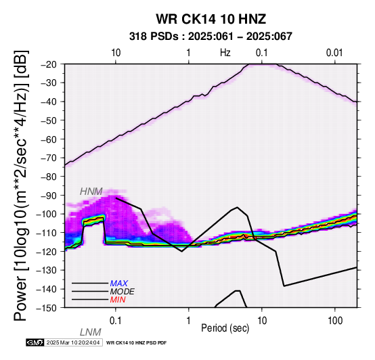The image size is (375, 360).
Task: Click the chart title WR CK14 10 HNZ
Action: point(211,19)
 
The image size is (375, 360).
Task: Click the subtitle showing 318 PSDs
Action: point(211,37)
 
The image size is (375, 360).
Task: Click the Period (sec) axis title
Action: point(225,328)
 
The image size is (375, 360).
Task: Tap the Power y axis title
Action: point(21,185)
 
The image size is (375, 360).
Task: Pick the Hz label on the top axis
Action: point(225,53)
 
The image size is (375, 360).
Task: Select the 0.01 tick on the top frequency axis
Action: point(334,53)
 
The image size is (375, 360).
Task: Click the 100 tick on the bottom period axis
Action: point(335,321)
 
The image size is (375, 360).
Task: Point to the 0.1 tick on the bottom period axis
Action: point(116,321)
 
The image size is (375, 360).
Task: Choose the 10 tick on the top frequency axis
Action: point(116,53)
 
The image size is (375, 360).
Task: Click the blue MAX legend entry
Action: point(119,284)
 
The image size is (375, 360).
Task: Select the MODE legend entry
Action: point(123,292)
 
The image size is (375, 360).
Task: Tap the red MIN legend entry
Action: point(118,300)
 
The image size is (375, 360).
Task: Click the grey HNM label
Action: point(91,192)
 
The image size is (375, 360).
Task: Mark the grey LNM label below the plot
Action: point(91,332)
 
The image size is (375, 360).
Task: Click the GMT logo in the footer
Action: point(35,342)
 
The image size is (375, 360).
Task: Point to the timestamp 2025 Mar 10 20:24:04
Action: point(73,342)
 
